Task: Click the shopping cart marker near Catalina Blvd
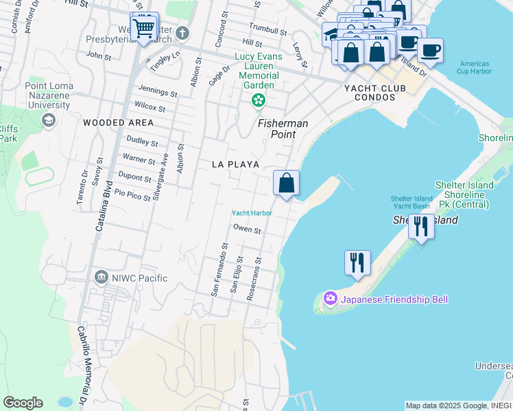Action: point(144,28)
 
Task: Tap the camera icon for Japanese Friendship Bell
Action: point(331,298)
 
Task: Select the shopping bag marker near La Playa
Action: point(286,184)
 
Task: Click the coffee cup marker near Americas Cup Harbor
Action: point(430,50)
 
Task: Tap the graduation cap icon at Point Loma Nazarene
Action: point(48,121)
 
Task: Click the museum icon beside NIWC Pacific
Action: point(102,277)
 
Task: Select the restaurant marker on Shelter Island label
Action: point(420,225)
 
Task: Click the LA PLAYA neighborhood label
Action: point(235,164)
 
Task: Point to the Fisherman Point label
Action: point(283,129)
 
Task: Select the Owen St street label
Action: point(247,230)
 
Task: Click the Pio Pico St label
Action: point(132,197)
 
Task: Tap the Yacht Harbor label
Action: point(252,213)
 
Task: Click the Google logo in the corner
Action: point(23,403)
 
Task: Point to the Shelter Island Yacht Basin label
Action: point(411,203)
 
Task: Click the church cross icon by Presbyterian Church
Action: point(182,33)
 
